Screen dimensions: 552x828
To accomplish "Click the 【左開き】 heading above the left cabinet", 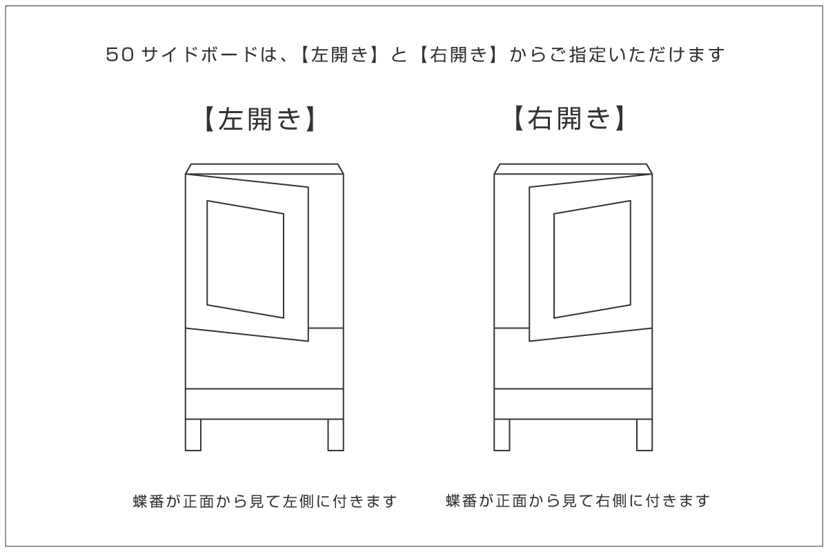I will click(260, 119).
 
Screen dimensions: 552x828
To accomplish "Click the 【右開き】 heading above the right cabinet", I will click(569, 119).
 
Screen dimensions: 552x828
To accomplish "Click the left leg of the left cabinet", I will click(193, 435).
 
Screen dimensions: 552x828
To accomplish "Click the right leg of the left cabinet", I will click(335, 435).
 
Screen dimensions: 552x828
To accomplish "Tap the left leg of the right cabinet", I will click(502, 435).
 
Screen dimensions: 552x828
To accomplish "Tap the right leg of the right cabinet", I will click(644, 435).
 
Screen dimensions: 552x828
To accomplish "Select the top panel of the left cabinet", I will click(264, 169).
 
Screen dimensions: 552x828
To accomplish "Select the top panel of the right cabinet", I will click(573, 169).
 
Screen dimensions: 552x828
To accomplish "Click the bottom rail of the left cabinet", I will click(264, 404).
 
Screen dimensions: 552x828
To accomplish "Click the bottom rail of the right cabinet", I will click(573, 404).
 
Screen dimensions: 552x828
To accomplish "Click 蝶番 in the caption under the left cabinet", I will click(147, 501).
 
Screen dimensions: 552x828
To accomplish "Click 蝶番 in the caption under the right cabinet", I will click(460, 501).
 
